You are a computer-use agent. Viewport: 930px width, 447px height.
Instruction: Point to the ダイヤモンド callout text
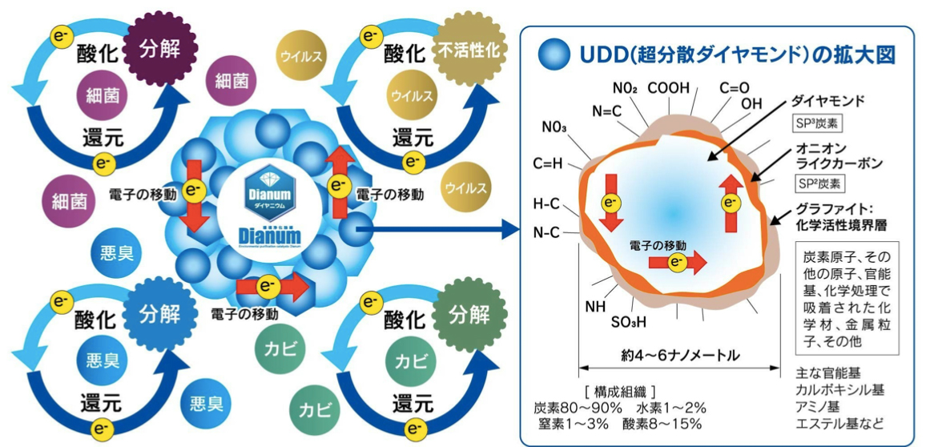(x=828, y=102)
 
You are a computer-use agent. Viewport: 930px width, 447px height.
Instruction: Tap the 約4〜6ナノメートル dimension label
(x=679, y=354)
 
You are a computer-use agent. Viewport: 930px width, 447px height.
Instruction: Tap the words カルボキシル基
(x=840, y=390)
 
